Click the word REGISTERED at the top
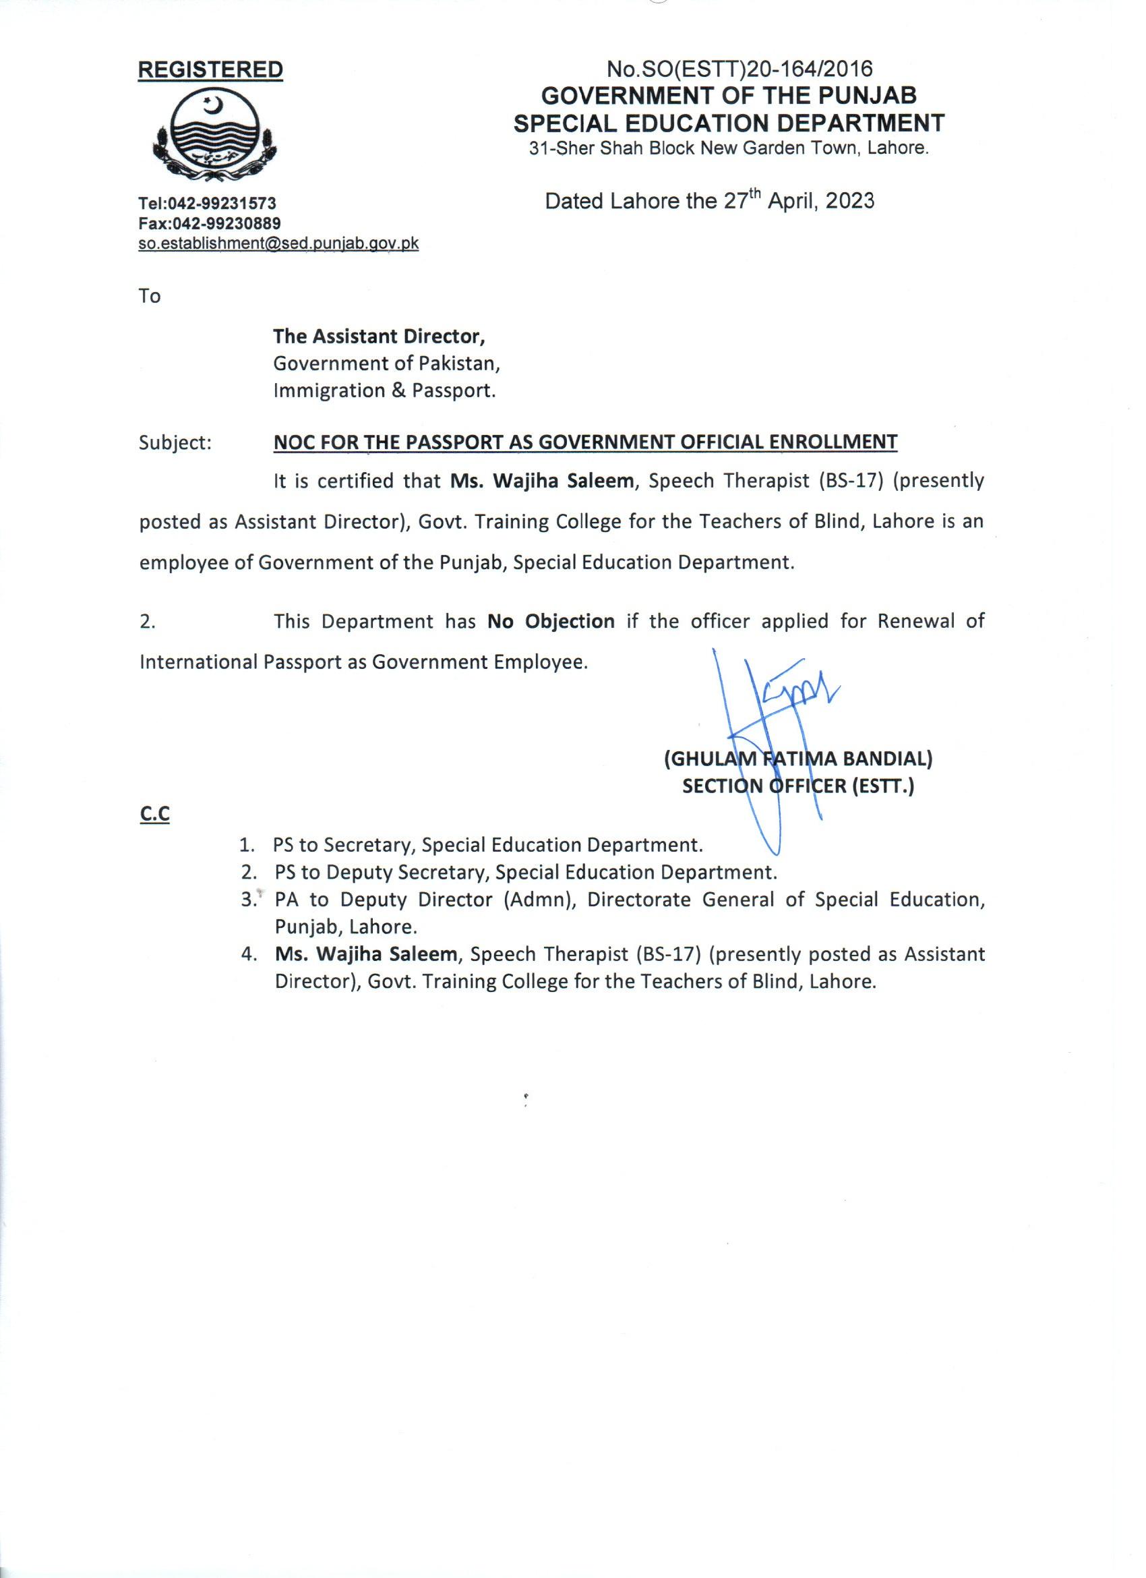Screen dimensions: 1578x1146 coord(211,70)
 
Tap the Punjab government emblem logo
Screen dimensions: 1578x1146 coord(216,135)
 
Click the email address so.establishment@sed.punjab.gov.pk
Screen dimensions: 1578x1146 coord(278,243)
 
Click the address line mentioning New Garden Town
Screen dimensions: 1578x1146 coord(728,148)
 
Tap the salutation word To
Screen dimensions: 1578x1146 coord(150,297)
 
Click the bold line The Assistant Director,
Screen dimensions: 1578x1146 coord(379,337)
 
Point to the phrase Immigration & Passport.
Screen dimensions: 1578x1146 coord(384,391)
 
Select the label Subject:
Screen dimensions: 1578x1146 coord(175,442)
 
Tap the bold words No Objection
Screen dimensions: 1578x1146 coord(551,620)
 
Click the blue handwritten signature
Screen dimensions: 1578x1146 coord(772,724)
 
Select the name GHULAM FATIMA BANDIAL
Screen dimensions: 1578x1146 coord(798,759)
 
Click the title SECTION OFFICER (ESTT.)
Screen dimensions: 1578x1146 coord(798,786)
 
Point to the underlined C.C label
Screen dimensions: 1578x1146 coord(154,814)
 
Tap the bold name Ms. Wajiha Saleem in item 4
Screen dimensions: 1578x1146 coord(366,955)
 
